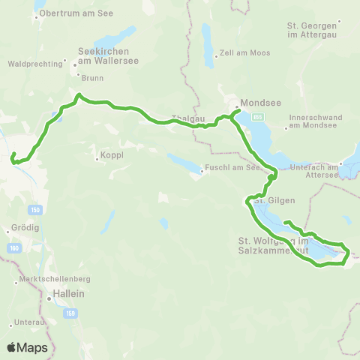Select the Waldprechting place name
pos(34,64)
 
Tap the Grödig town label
pos(25,228)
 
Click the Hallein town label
pos(67,296)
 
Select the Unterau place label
pos(28,323)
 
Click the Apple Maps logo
pos(27,348)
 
